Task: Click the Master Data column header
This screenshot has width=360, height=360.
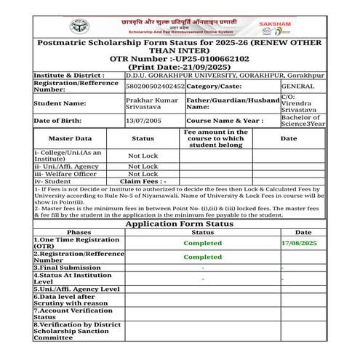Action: tap(70, 137)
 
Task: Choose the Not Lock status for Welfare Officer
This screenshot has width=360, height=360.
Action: tap(143, 174)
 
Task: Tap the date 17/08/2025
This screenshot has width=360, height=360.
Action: tap(299, 242)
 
